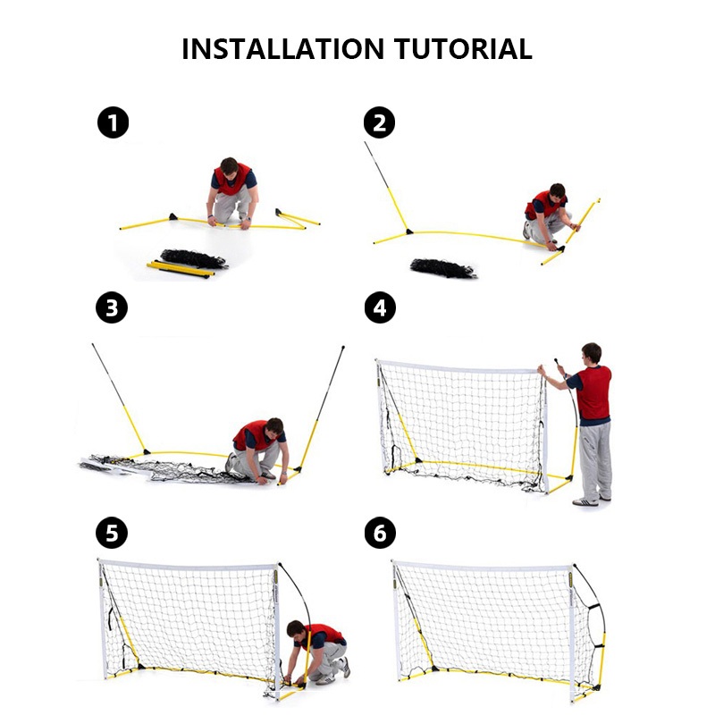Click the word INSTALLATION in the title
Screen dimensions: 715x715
tap(282, 49)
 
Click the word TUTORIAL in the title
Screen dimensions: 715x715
tap(463, 49)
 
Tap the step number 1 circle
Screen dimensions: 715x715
tap(114, 122)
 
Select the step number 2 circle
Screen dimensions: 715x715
tap(379, 122)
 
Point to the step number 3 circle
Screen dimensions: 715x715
tap(112, 307)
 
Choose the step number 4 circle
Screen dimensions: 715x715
tap(381, 307)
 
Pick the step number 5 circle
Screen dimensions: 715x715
tap(112, 533)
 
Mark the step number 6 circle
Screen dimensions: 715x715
tap(381, 533)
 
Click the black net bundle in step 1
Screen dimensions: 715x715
tap(194, 258)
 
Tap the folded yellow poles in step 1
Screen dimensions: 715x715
tap(181, 269)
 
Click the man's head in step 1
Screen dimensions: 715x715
tap(230, 167)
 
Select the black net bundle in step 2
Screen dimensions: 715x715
tap(443, 268)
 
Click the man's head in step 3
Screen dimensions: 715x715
tap(274, 427)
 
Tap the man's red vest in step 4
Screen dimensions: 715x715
tap(593, 392)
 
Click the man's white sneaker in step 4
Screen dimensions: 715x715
tap(585, 502)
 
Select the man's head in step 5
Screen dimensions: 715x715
tap(296, 629)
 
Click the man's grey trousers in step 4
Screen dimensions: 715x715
tap(595, 460)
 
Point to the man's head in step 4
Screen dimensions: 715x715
tap(592, 353)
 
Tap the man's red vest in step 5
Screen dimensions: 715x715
tap(324, 634)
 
